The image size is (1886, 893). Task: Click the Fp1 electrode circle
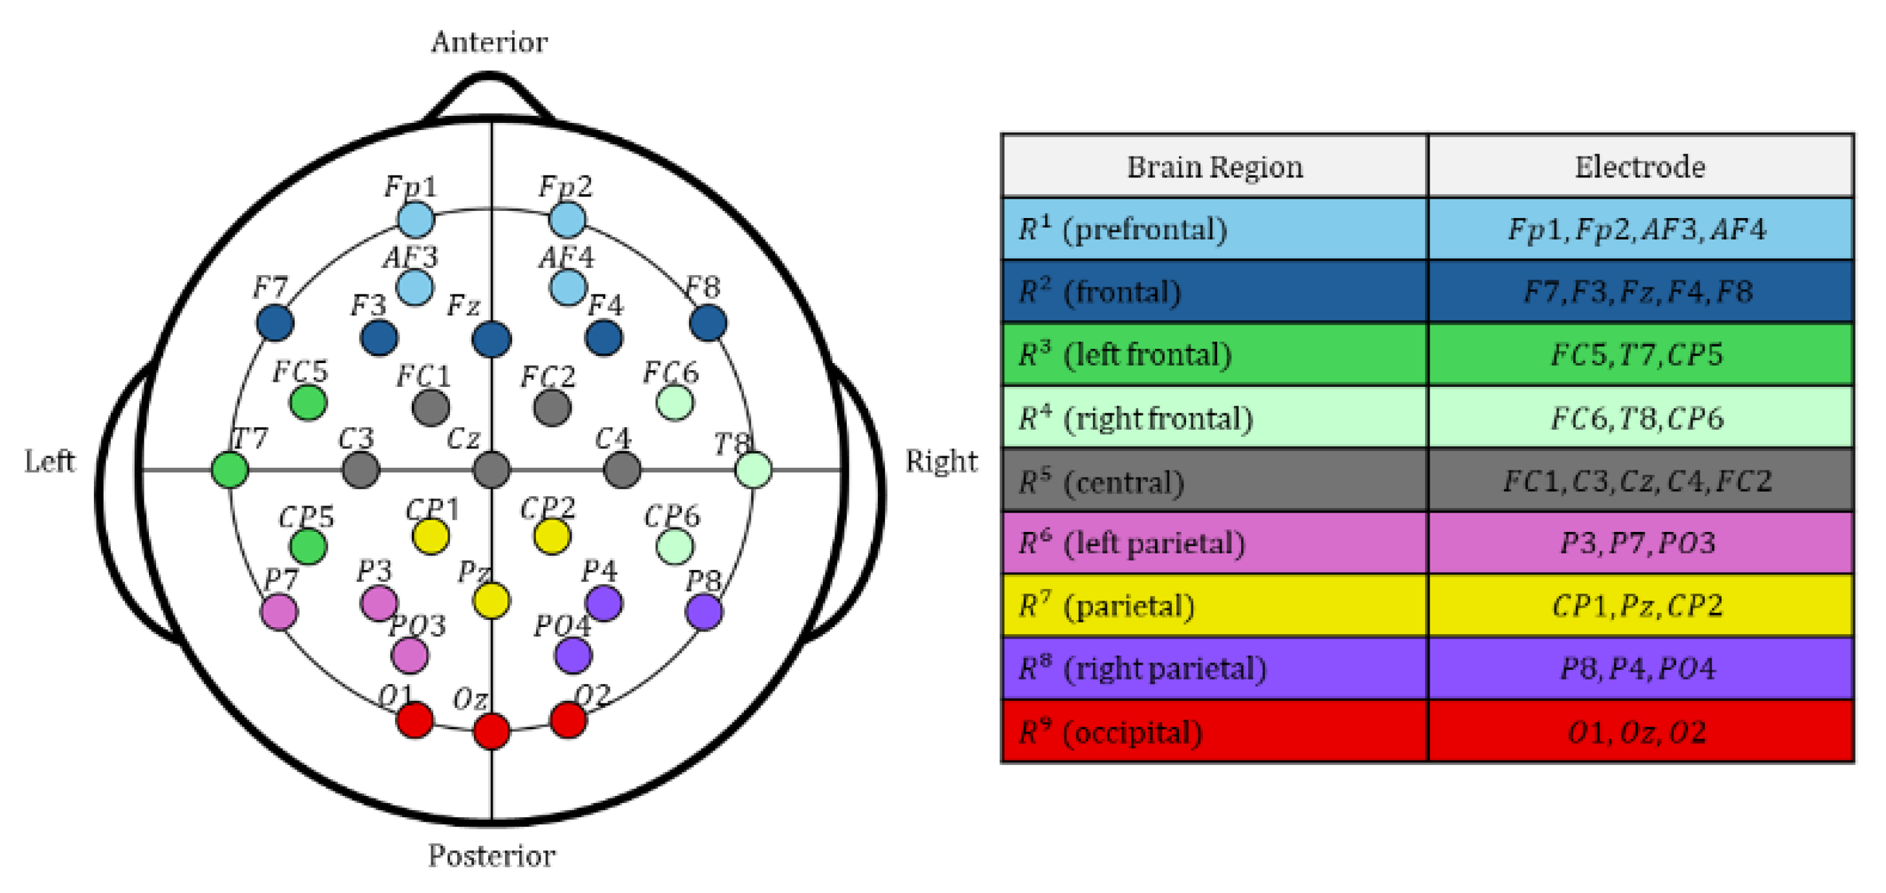pos(416,219)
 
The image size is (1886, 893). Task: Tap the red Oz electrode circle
pos(491,731)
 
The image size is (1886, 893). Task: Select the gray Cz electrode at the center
pos(491,469)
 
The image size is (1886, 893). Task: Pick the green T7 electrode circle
pos(230,469)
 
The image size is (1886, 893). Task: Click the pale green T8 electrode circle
pos(754,469)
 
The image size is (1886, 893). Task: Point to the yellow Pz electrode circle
pos(491,601)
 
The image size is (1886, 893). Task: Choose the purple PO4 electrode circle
pos(573,654)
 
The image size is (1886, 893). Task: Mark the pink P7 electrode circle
pos(279,612)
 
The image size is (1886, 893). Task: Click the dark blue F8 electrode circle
pos(708,323)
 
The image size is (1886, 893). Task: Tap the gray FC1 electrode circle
pos(431,407)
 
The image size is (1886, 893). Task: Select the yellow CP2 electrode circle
pos(552,536)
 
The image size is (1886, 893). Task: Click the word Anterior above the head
pos(489,43)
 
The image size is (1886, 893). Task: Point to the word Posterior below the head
pos(492,855)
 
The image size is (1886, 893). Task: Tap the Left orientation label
pos(50,461)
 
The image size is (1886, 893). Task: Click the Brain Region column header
pos(1215,167)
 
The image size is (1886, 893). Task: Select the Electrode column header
pos(1640,167)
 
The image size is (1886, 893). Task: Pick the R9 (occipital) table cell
pos(1215,731)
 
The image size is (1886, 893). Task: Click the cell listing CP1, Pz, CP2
pos(1640,605)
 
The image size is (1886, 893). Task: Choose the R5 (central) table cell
pos(1215,481)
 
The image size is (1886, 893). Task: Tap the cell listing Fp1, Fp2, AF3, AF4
pos(1640,229)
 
